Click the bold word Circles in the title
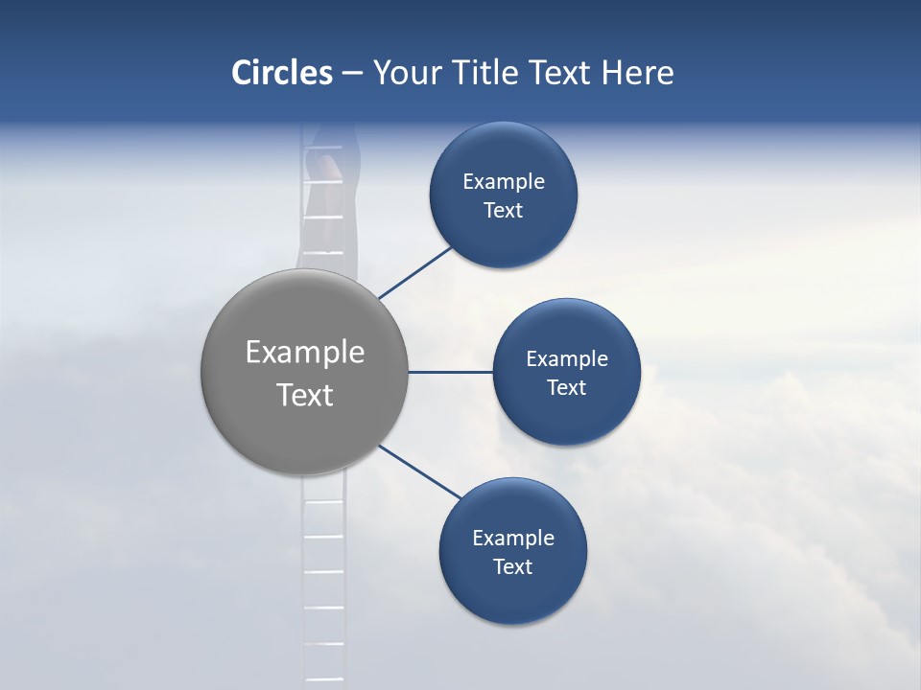pyautogui.click(x=281, y=73)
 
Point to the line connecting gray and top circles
pyautogui.click(x=416, y=272)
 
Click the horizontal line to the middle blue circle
pyautogui.click(x=450, y=372)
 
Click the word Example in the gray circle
pyautogui.click(x=305, y=353)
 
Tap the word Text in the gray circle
pyautogui.click(x=305, y=395)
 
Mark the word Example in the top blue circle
pyautogui.click(x=503, y=182)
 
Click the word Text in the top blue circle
pyautogui.click(x=503, y=211)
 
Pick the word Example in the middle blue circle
pyautogui.click(x=566, y=359)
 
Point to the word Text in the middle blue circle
pyautogui.click(x=566, y=388)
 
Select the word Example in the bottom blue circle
pyautogui.click(x=512, y=539)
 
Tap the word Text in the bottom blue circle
pyautogui.click(x=512, y=567)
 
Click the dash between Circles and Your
pyautogui.click(x=352, y=74)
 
